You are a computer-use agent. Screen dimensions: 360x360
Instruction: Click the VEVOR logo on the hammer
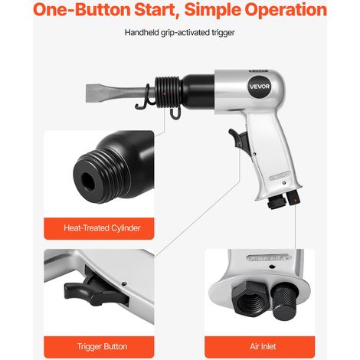tap(260, 87)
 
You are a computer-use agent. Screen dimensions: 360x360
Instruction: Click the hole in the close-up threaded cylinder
tap(88, 181)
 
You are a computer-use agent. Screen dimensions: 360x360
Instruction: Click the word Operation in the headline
tap(286, 10)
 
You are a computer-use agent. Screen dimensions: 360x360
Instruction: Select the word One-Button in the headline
tap(82, 10)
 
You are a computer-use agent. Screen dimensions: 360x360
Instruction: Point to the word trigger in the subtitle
tap(223, 33)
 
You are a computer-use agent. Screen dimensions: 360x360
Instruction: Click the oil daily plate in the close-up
tap(269, 257)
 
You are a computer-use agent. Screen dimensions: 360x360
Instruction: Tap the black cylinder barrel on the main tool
tap(198, 91)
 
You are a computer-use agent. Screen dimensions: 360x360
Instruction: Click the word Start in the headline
tap(157, 10)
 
